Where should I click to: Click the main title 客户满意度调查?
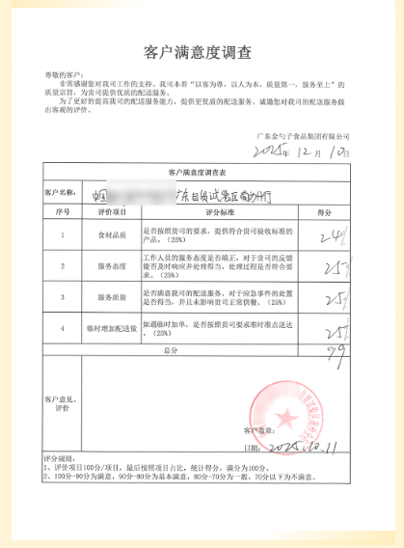[202, 49]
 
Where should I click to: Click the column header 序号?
[63, 210]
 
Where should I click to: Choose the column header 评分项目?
[115, 210]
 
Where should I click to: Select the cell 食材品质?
[115, 233]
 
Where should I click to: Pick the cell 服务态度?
[115, 265]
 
